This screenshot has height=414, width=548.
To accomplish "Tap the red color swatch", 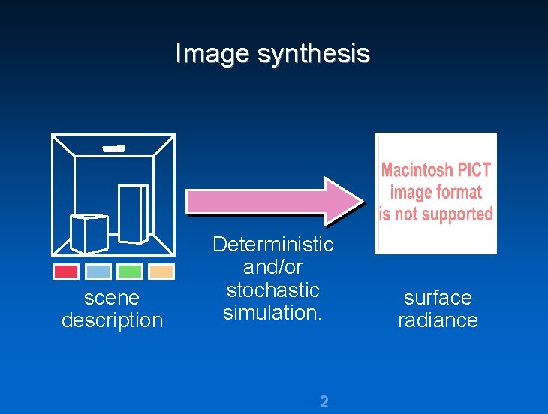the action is coord(66,271).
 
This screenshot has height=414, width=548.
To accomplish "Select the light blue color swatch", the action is coord(98,271).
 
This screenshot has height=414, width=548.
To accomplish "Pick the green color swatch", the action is coord(130,271).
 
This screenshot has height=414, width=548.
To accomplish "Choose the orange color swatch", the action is coord(161,271).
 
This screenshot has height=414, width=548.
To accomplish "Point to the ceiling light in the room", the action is coord(113,148).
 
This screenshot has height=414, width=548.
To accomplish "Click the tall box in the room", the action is coord(133,213).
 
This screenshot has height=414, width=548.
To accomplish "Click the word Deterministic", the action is coord(272,244).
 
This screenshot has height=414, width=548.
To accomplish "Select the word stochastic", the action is coord(272,289).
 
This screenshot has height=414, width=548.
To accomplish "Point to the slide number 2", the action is coord(324,401).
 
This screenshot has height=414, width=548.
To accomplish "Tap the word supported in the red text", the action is coord(459,214).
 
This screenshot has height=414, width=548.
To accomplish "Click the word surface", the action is coord(438,298).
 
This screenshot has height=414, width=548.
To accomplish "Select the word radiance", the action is coord(438,320).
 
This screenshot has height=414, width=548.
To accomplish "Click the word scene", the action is coord(112,298).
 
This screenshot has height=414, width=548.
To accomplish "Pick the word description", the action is coord(112,320).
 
